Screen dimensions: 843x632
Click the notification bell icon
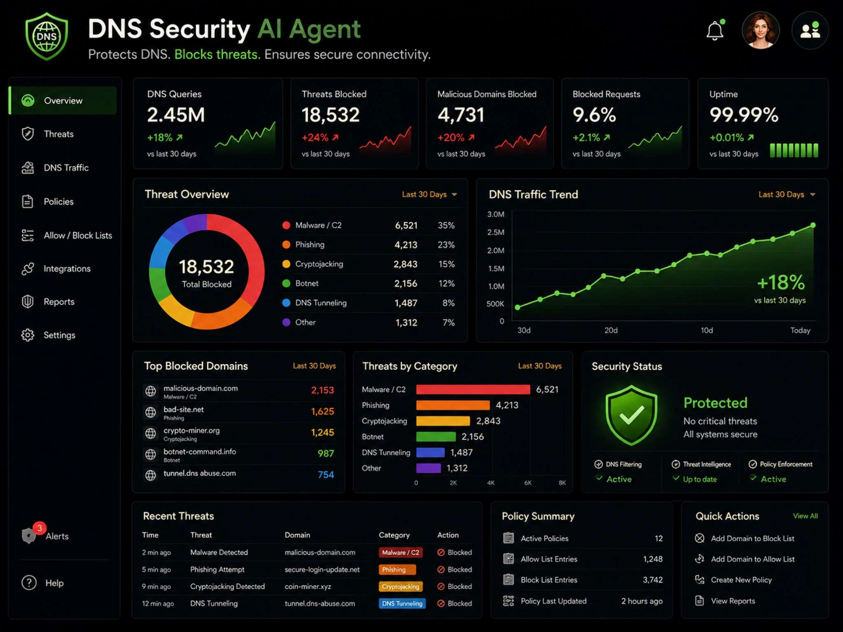715,30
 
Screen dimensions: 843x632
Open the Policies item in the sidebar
58,202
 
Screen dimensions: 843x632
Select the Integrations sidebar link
67,269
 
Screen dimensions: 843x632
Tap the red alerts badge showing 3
40,528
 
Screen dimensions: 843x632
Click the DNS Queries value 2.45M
176,115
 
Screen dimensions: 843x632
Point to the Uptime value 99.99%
744,115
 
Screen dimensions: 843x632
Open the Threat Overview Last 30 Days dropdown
429,195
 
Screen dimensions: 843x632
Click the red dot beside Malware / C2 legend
286,225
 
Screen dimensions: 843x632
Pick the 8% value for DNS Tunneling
449,303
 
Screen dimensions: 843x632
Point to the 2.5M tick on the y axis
496,232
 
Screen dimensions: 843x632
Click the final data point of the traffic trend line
813,225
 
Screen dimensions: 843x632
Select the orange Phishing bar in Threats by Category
453,405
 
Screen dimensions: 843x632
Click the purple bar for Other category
428,468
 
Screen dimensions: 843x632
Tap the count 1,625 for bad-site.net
322,411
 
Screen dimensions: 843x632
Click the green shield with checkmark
631,415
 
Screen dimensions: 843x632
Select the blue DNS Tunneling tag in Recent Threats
402,604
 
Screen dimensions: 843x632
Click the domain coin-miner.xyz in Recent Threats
308,587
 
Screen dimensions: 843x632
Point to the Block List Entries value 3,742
653,580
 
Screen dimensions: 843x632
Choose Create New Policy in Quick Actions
741,580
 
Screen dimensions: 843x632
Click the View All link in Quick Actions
806,516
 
